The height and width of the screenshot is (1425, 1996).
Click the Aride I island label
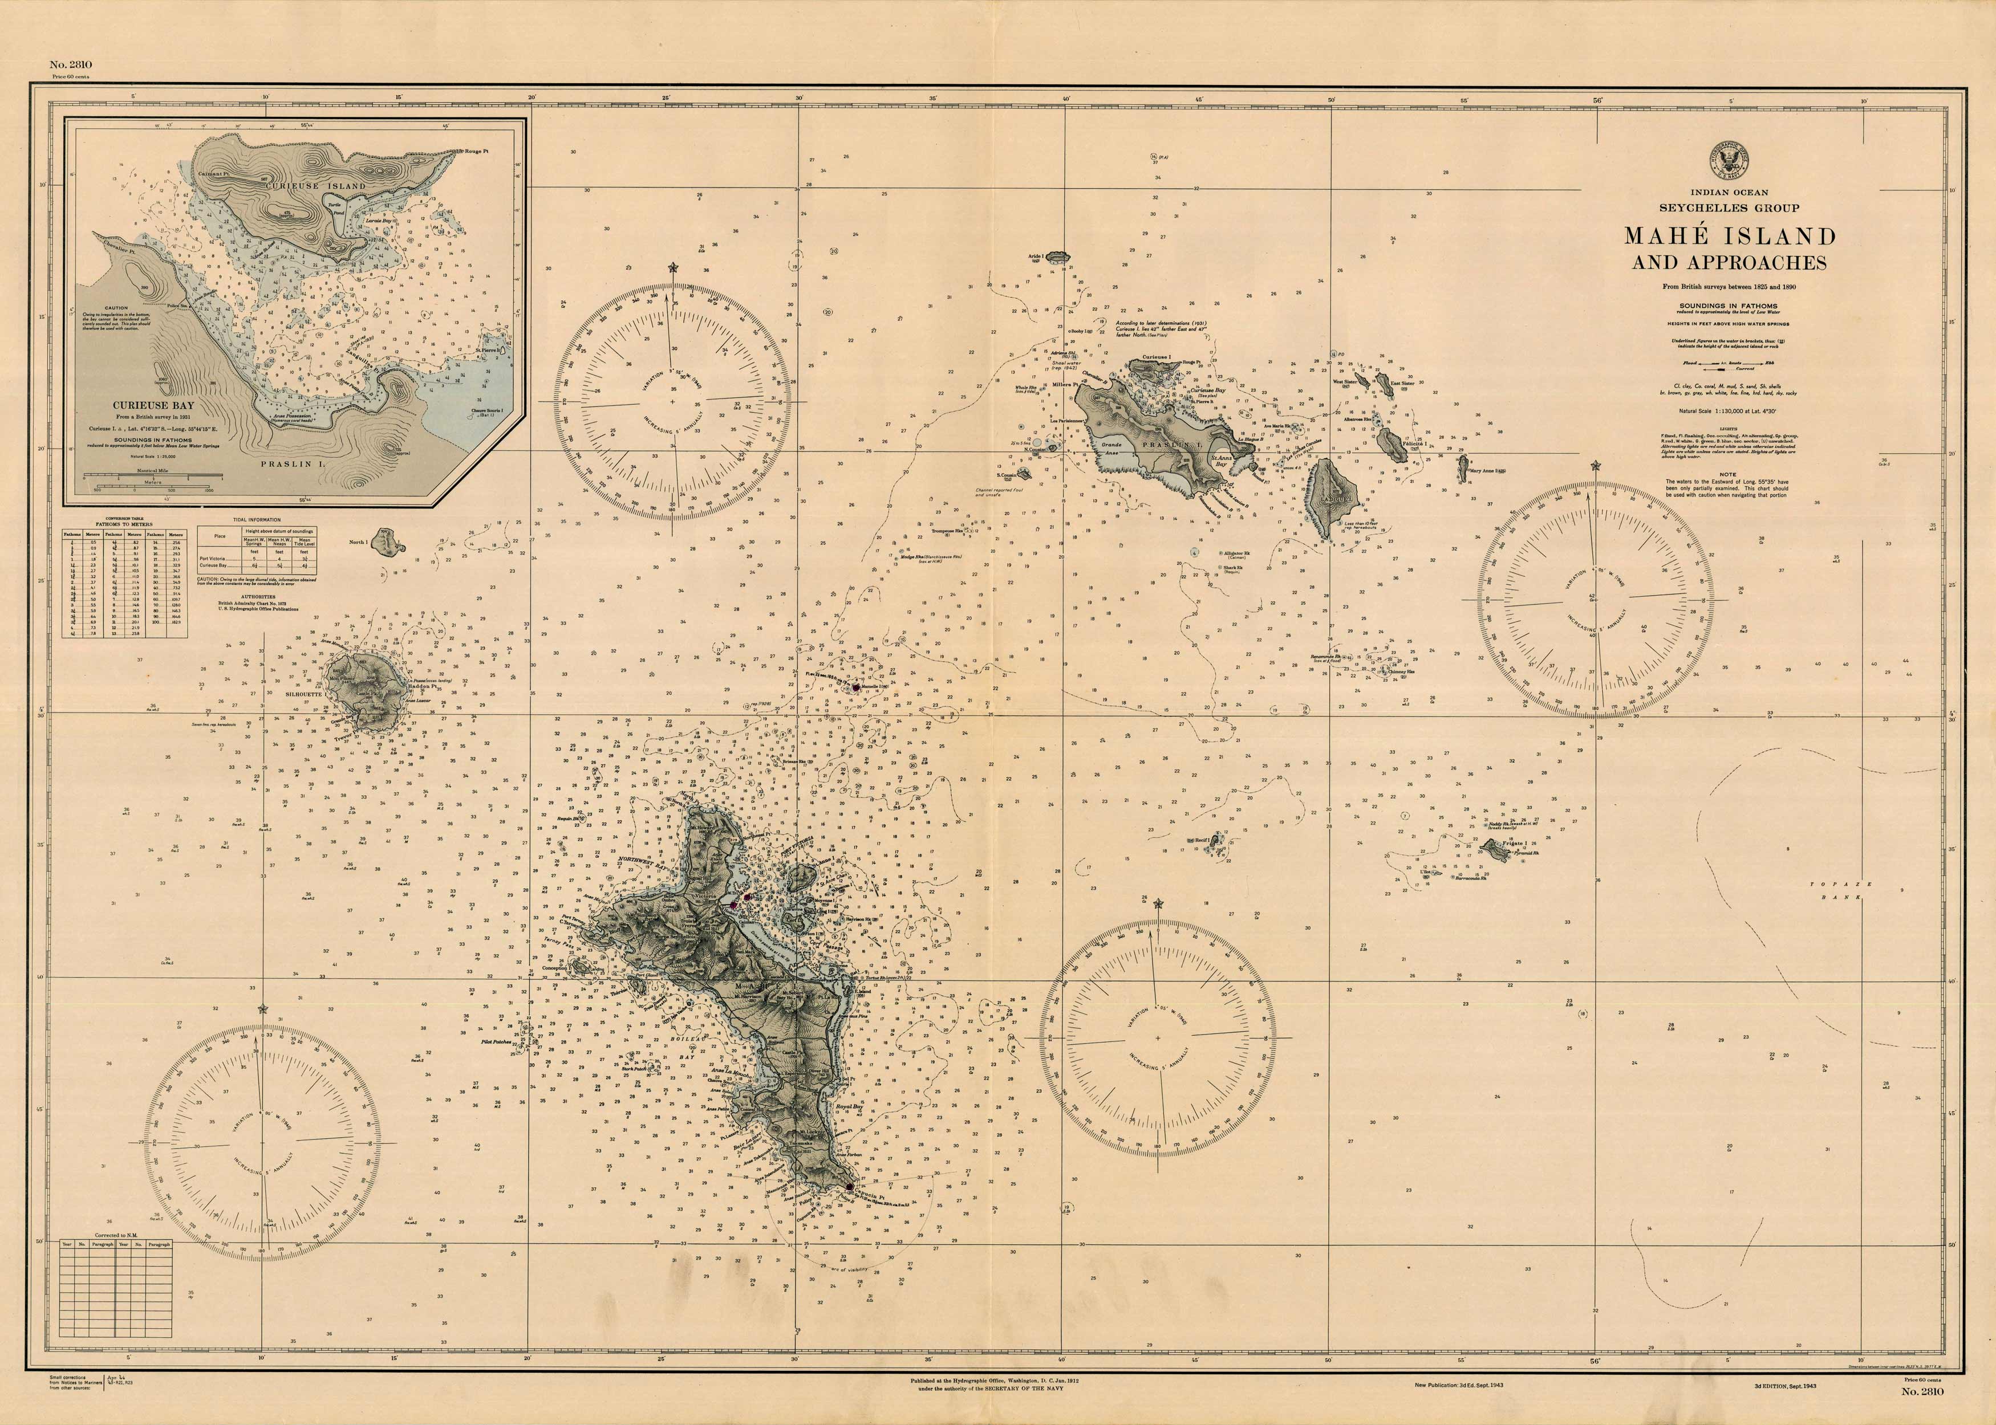pos(1036,257)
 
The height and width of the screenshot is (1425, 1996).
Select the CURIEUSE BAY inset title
pos(145,405)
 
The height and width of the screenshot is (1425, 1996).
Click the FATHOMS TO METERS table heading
pos(124,524)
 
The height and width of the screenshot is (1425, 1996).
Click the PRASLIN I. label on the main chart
pos(1167,446)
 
